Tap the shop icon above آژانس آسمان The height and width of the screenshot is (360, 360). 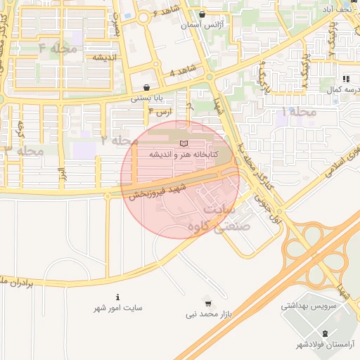pos(202,14)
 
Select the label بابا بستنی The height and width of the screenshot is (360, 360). pos(146,98)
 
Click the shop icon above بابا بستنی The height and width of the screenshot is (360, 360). pos(146,87)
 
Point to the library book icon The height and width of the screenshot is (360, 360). pos(184,143)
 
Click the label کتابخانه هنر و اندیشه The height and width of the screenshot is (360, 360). pos(184,154)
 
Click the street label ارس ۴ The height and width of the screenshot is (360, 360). pos(161,112)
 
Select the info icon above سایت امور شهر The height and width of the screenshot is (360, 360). pos(118,297)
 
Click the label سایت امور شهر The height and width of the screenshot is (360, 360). pos(118,308)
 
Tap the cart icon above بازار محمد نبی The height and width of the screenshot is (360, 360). pos(207,304)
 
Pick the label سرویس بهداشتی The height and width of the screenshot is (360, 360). pos(307,306)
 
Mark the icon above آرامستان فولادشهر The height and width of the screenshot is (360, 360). pos(324,333)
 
